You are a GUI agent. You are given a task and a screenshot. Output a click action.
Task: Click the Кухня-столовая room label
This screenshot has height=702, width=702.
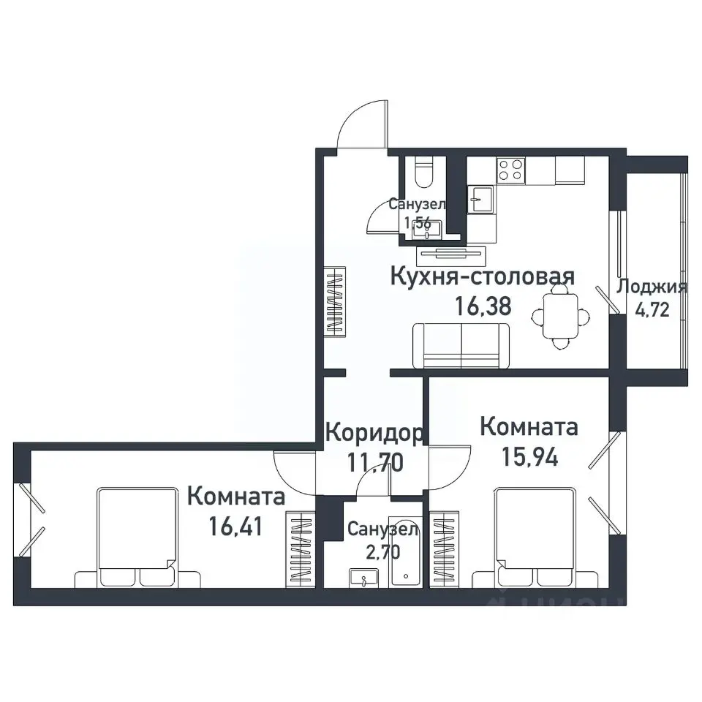pyautogui.click(x=482, y=277)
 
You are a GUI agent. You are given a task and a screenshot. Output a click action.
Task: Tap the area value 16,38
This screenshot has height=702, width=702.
pyautogui.click(x=482, y=306)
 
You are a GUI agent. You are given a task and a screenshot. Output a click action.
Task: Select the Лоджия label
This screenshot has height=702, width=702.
pyautogui.click(x=652, y=287)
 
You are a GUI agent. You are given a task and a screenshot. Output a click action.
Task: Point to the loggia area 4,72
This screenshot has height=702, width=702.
pyautogui.click(x=652, y=309)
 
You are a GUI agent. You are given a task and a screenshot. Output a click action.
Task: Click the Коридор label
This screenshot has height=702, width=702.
pyautogui.click(x=373, y=433)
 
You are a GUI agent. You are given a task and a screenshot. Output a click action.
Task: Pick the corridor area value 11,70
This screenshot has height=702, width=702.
pyautogui.click(x=373, y=462)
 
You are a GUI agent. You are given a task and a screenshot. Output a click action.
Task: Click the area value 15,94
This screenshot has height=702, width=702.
pyautogui.click(x=529, y=457)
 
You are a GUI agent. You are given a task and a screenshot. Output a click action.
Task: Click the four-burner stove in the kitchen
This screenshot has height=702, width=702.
pyautogui.click(x=510, y=170)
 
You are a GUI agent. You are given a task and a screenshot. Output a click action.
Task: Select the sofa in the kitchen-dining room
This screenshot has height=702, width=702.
pyautogui.click(x=461, y=346)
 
